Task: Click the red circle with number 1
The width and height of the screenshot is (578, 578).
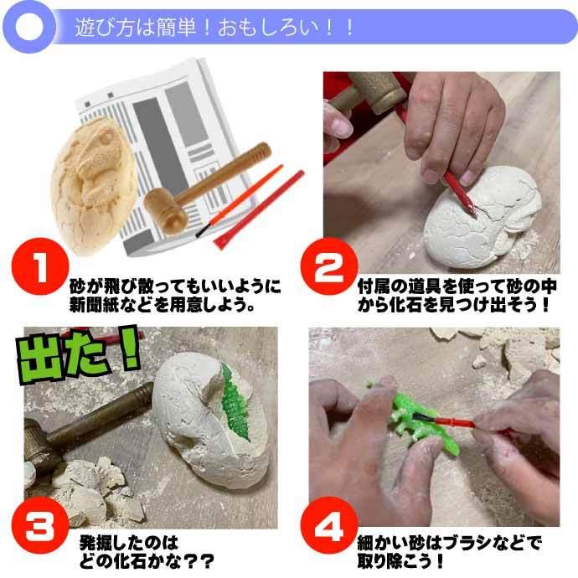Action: coord(40,266)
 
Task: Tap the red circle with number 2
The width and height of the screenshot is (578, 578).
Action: coord(329,266)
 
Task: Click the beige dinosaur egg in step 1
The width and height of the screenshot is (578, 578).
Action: coord(93,185)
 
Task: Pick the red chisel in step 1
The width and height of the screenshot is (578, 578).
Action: coord(259,209)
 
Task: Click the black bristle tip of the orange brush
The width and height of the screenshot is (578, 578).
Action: coord(203,231)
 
